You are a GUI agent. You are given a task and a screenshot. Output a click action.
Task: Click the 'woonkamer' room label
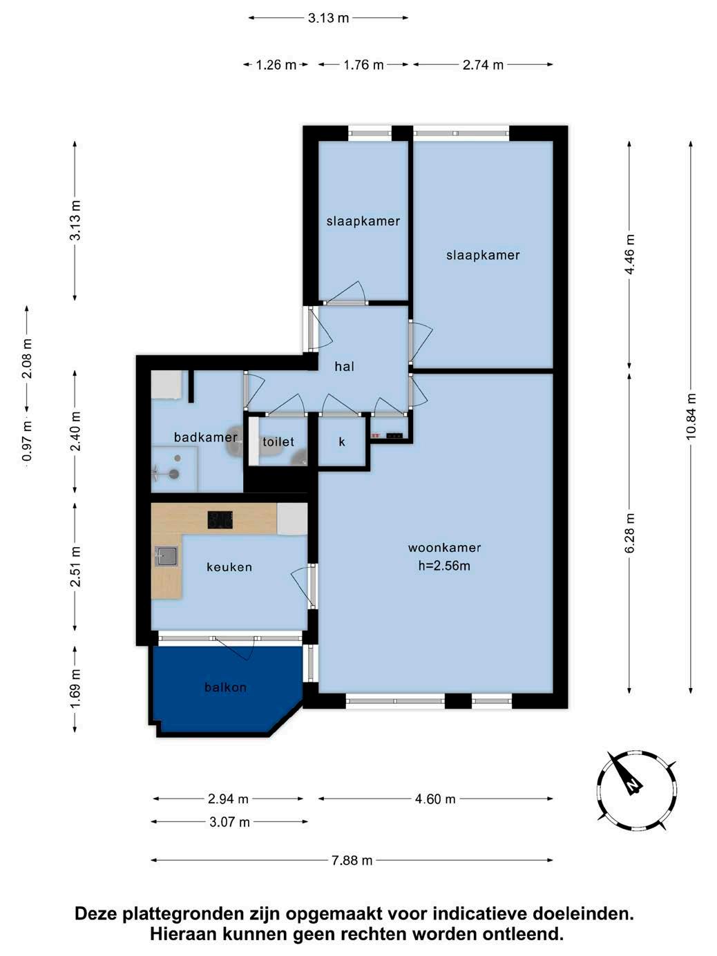click(x=444, y=548)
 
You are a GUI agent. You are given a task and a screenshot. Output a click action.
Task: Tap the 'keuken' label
click(x=229, y=566)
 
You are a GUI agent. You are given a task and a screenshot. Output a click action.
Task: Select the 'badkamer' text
click(x=205, y=437)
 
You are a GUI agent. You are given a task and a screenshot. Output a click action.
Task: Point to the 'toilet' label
click(x=278, y=441)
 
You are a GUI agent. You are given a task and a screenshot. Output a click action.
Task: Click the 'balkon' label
click(x=225, y=687)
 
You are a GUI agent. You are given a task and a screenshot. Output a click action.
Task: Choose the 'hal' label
click(x=345, y=366)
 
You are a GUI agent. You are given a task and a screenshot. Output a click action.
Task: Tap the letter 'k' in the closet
click(x=342, y=441)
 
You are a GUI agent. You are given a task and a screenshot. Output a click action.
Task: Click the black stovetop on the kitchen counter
click(x=220, y=519)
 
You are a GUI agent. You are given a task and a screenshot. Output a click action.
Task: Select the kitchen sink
click(x=166, y=556)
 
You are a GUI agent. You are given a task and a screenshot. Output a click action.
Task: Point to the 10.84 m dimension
click(x=691, y=417)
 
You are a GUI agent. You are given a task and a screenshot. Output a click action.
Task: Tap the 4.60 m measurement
click(x=435, y=799)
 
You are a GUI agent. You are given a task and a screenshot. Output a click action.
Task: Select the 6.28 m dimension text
click(x=629, y=533)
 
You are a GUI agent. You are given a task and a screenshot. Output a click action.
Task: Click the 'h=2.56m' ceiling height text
click(x=444, y=566)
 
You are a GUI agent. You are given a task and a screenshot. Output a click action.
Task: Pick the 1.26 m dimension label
click(x=276, y=65)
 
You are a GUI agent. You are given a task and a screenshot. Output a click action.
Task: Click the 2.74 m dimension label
click(x=483, y=65)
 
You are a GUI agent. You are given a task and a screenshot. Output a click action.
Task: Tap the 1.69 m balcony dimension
click(x=76, y=689)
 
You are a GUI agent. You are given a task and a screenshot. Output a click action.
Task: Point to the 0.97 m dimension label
click(x=27, y=440)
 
